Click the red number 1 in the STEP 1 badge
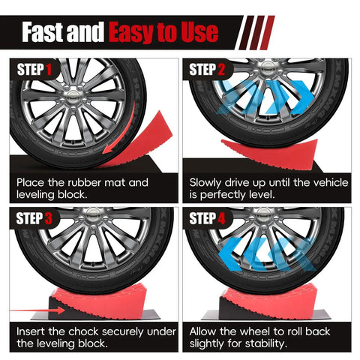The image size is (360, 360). coord(49,69)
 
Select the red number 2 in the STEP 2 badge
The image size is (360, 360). coord(221,69)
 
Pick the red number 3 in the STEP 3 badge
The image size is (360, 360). coord(48,218)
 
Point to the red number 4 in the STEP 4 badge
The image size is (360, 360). coord(221,218)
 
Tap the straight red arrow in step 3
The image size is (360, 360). coord(37,310)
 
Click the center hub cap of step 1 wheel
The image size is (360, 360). coord(73,96)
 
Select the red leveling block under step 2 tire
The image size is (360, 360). coord(270,152)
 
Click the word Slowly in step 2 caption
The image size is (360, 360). coord(205,183)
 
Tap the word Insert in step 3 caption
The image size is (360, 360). coord(31,331)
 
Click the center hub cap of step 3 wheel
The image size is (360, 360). coord(93,213)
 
